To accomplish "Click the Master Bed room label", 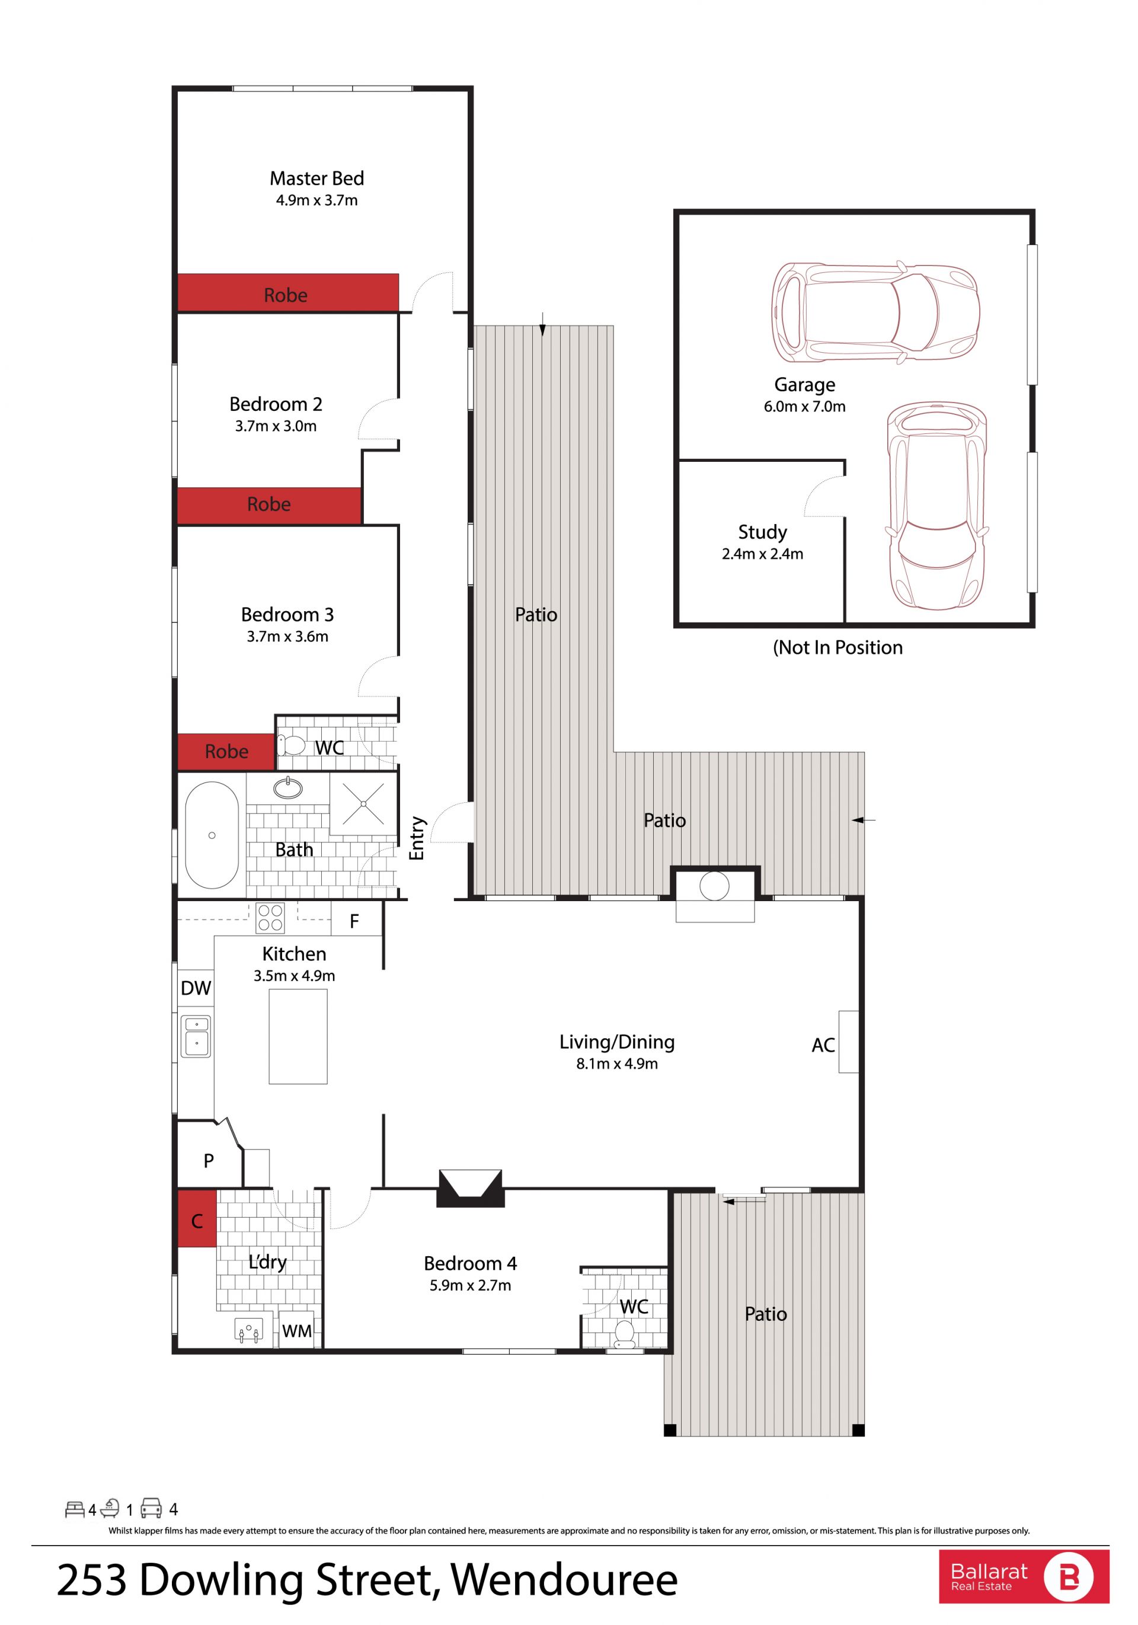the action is [317, 178].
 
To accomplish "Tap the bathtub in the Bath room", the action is [212, 835].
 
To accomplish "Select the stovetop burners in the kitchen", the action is [270, 918].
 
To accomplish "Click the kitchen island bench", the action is [298, 1036].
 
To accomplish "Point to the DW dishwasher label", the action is [196, 988].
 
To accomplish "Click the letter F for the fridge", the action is [354, 921].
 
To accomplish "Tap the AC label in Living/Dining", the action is [823, 1045].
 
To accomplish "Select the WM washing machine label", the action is [296, 1332].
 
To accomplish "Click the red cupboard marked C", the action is [197, 1219].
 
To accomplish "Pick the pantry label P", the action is [209, 1161].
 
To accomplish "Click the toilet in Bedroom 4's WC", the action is [624, 1333].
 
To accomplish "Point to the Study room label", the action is [762, 532].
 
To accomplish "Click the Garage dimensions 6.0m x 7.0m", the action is [805, 406].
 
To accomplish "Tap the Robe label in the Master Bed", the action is [286, 295].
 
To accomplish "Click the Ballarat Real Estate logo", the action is [1024, 1577].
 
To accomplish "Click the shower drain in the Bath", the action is [363, 803].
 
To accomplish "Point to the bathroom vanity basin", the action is [288, 788].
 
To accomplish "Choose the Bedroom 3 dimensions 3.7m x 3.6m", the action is [287, 636].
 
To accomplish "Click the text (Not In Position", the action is [837, 647].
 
